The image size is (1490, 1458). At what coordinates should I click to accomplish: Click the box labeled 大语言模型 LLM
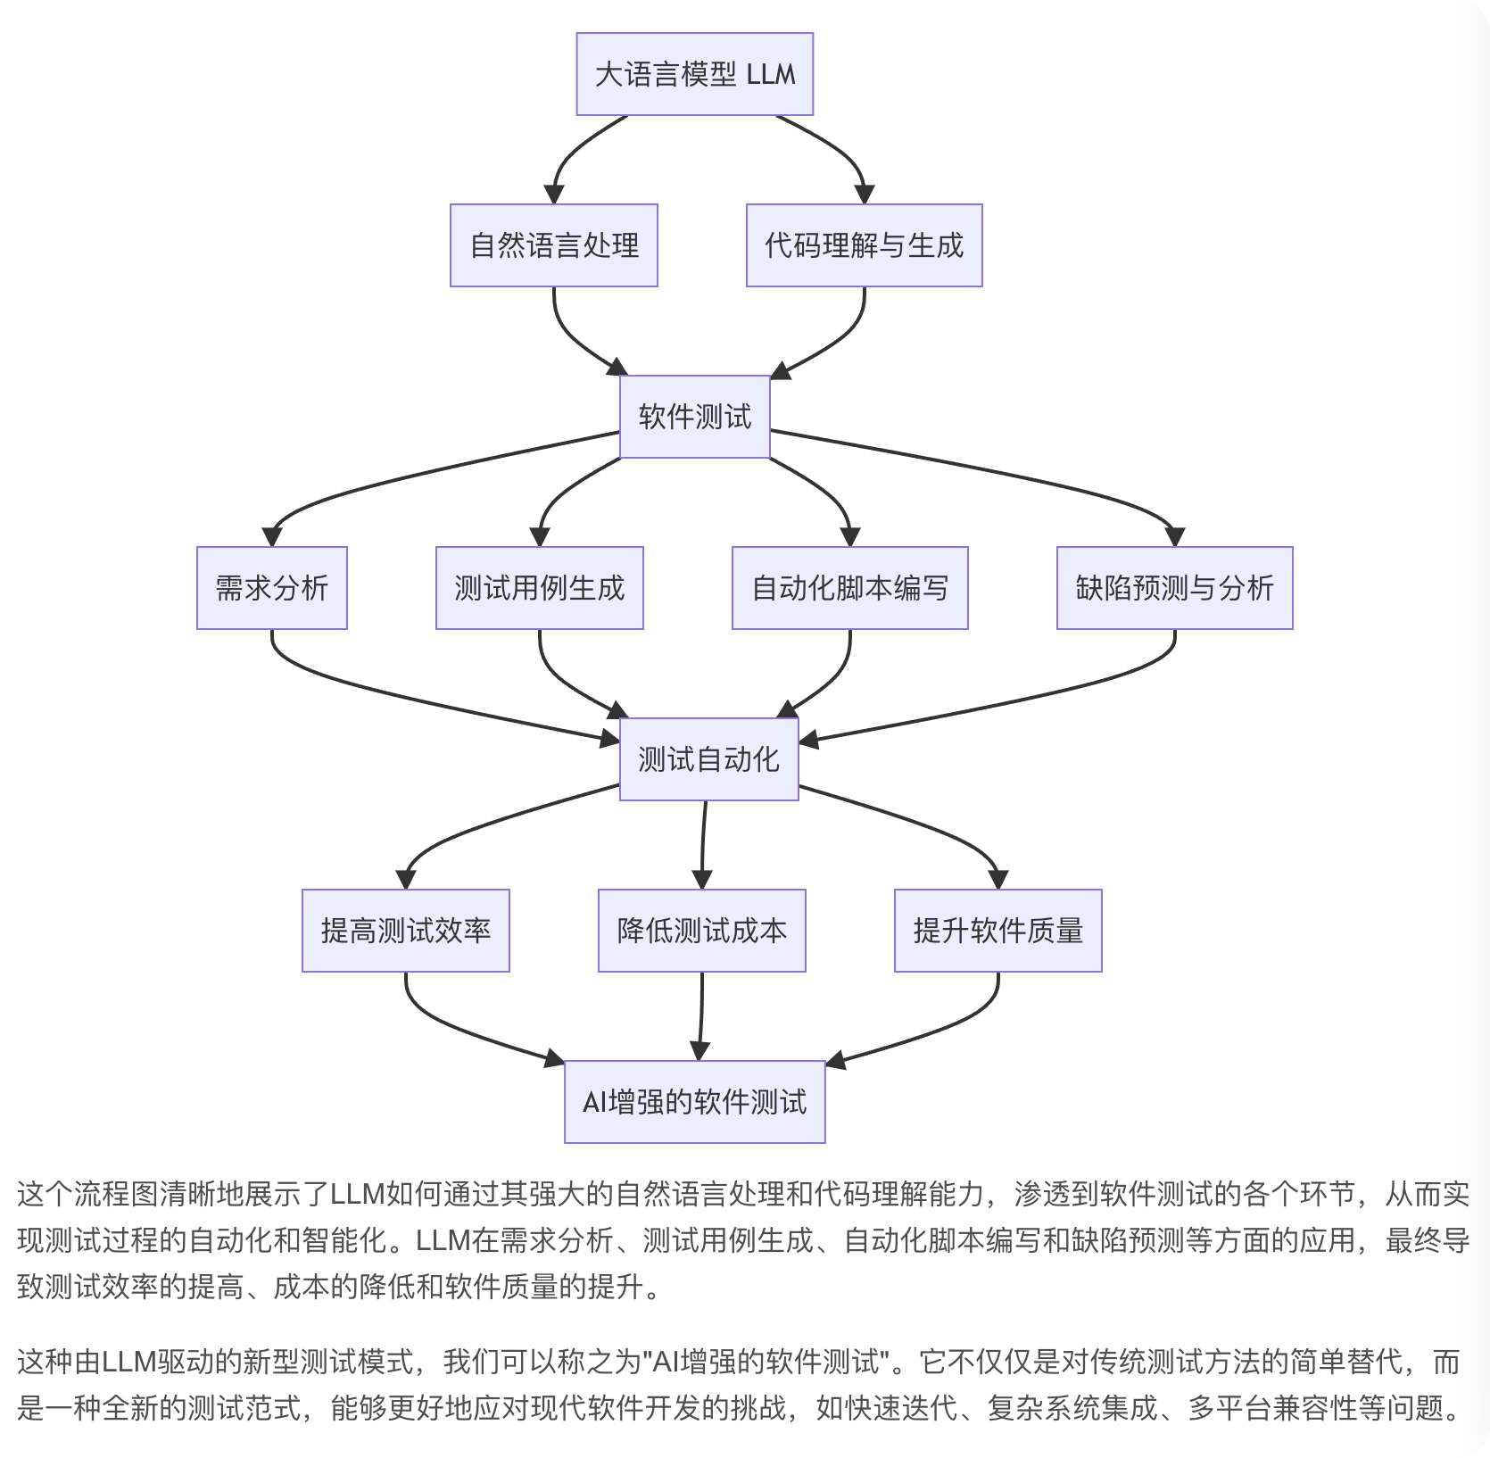click(x=694, y=74)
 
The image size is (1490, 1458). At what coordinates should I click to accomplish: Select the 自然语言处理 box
click(x=553, y=245)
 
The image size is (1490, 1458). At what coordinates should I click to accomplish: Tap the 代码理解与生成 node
click(x=864, y=245)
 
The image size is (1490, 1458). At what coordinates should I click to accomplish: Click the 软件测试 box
click(x=694, y=417)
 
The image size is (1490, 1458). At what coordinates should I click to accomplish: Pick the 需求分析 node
click(x=271, y=588)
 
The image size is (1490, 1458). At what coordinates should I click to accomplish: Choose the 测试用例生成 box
click(x=539, y=588)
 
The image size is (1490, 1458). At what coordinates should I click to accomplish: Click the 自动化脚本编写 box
click(x=849, y=588)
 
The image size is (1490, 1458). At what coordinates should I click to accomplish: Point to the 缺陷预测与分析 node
click(x=1174, y=588)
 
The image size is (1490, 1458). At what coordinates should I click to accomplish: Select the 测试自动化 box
click(x=708, y=759)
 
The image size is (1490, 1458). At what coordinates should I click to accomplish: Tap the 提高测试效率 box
click(x=405, y=931)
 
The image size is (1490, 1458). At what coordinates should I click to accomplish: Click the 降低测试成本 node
click(x=701, y=931)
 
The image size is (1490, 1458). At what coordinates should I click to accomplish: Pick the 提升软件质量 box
click(x=997, y=931)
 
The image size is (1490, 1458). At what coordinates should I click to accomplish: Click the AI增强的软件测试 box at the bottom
click(x=694, y=1102)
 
